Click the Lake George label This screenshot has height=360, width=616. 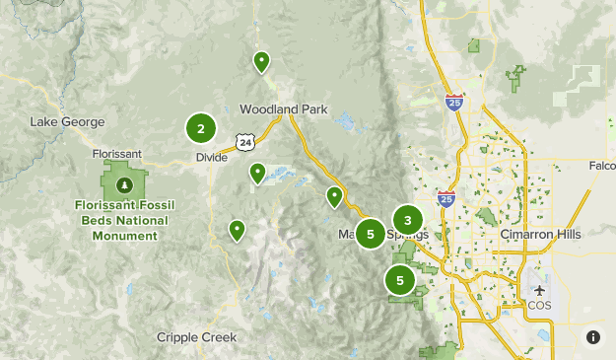point(67,121)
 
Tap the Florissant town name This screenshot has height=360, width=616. point(117,154)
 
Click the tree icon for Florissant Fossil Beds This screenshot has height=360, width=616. point(123,184)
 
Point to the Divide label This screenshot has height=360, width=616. point(211,157)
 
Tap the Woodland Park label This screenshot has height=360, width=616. point(284,109)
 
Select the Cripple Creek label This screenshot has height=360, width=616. point(197,337)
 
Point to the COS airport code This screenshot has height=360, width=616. point(539,305)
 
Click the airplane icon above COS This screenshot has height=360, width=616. point(539,291)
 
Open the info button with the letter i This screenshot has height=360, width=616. point(592,337)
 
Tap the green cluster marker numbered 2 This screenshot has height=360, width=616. point(201,128)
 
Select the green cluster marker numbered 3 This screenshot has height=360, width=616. point(407,220)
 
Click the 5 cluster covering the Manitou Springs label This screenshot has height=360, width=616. point(371,235)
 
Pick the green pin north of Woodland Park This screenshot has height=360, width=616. point(262,62)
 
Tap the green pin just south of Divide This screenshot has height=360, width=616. point(257,174)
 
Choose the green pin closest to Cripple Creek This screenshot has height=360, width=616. point(237,230)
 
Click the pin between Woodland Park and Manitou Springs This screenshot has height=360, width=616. point(335,197)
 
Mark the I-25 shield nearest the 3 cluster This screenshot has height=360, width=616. point(445,198)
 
